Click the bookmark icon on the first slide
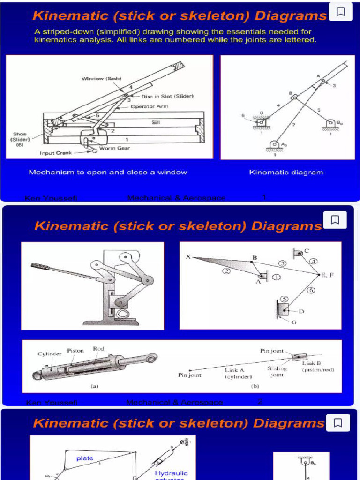tap(341, 12)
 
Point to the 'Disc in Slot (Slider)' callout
tap(167, 96)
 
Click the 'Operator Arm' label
tap(149, 106)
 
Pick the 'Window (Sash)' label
tap(102, 79)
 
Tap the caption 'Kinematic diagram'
tap(286, 172)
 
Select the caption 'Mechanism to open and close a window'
tap(108, 172)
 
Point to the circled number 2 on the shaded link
tap(226, 271)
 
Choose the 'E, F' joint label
tap(327, 275)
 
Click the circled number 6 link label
tap(311, 290)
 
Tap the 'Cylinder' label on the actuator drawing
tap(50, 354)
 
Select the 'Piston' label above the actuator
tap(75, 350)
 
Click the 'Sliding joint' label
tap(277, 371)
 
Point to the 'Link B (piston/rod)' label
tap(318, 366)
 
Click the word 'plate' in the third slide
tap(85, 458)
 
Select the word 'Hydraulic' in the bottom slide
tap(171, 473)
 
